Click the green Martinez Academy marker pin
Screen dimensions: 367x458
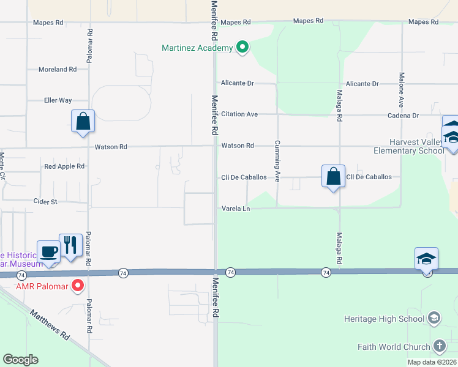(242, 46)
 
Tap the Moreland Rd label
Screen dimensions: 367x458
(58, 70)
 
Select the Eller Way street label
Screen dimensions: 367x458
(58, 100)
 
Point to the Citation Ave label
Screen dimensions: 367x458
(239, 114)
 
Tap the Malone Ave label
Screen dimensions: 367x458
(402, 91)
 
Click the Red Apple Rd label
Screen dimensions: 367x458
(64, 166)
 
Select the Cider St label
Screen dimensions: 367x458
(45, 201)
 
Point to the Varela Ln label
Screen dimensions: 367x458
(236, 209)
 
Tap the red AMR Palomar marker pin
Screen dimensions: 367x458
(78, 285)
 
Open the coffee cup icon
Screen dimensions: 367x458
(49, 251)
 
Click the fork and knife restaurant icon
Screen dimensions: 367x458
(70, 245)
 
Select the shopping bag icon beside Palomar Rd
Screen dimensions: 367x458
(83, 121)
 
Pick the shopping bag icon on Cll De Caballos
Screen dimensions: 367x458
(333, 176)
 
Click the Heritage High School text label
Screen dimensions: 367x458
(385, 319)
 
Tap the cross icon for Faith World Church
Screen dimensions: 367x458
(439, 347)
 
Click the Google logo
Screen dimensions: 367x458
(20, 360)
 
